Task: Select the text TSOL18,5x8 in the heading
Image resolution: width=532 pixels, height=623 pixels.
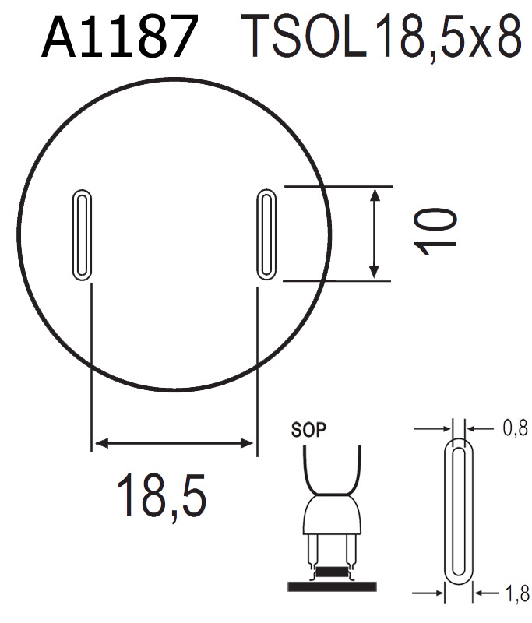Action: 381,37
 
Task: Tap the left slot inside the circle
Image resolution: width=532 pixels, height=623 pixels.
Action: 82,234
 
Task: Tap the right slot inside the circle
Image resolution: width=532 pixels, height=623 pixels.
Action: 266,234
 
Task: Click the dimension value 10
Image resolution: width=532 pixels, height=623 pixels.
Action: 435,232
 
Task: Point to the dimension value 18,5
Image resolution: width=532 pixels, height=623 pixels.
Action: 162,496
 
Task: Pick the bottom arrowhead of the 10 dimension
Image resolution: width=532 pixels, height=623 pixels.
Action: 375,272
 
